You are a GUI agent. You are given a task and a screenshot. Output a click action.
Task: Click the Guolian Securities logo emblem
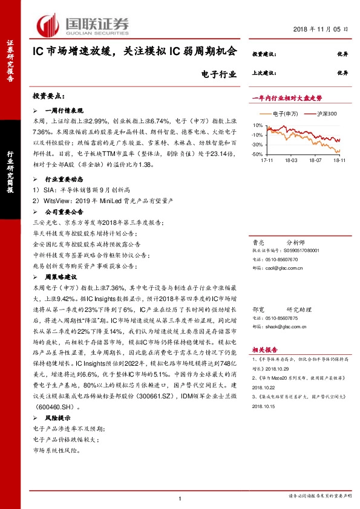(x=48, y=25)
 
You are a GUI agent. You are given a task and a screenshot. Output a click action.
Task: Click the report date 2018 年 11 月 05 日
(x=321, y=29)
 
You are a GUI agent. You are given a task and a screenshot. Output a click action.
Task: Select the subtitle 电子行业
(x=216, y=74)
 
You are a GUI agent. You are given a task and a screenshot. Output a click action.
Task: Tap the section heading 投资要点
(x=48, y=97)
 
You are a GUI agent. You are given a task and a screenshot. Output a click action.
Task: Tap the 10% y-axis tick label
(x=257, y=126)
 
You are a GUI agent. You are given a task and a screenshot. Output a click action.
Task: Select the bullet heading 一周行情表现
(x=65, y=112)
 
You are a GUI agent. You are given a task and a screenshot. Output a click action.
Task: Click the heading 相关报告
(x=264, y=349)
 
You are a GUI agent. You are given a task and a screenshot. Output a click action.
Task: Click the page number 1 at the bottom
(x=180, y=497)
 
